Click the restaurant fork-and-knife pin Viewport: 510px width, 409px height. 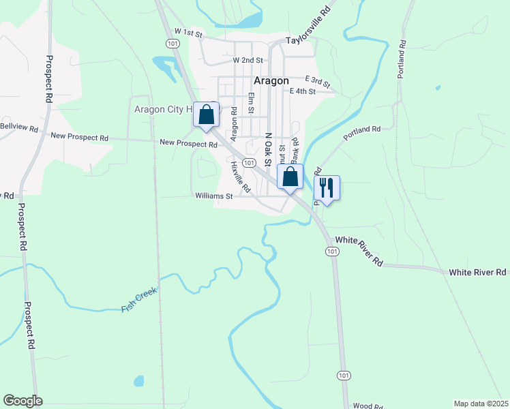(327, 188)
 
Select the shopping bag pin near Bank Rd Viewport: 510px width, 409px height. (290, 177)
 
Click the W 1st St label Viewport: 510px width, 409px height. (189, 32)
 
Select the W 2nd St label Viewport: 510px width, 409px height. (247, 60)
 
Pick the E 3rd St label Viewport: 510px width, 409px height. (318, 81)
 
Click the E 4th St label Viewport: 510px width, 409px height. (303, 91)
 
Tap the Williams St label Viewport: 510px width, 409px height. (214, 196)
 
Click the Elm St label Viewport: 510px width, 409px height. (251, 103)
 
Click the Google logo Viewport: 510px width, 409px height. (22, 401)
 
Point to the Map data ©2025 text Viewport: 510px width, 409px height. (481, 404)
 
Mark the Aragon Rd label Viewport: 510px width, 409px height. (234, 120)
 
